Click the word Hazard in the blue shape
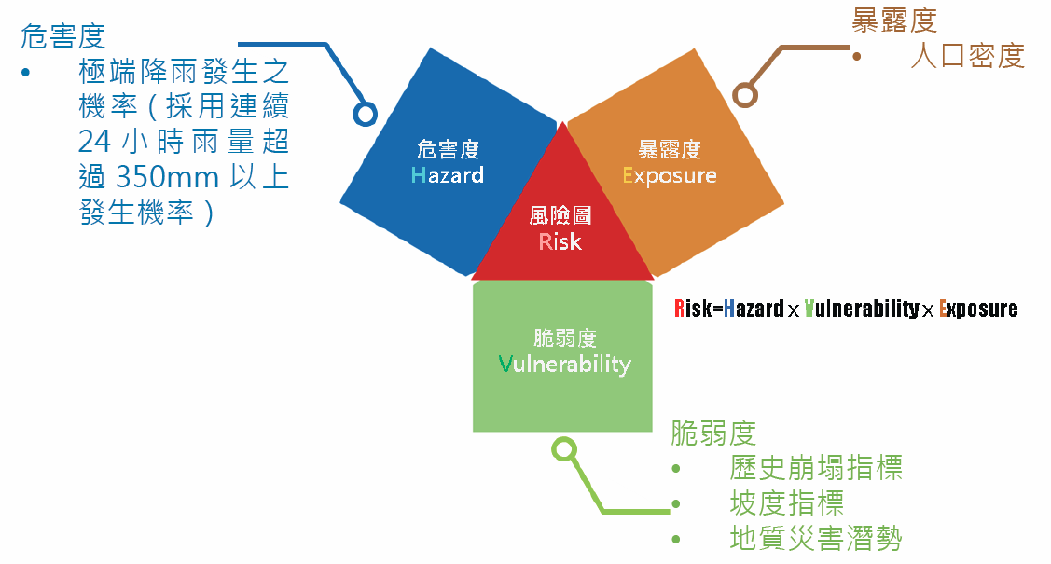point(447,175)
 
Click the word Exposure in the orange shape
point(669,176)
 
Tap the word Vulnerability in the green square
point(564,365)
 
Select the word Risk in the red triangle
point(560,241)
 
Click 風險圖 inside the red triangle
point(560,215)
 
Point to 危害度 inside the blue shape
point(448,149)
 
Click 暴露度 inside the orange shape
point(669,149)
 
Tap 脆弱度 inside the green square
point(565,338)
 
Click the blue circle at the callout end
point(366,115)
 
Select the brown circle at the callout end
point(745,95)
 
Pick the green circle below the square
point(564,449)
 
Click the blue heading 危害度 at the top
point(63,36)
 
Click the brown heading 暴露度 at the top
point(894,21)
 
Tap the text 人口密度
point(968,56)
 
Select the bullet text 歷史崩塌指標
point(816,468)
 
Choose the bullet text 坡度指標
point(787,503)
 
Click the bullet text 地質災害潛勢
point(816,539)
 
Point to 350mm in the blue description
point(168,178)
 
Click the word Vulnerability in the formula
point(862,309)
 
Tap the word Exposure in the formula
point(978,309)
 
